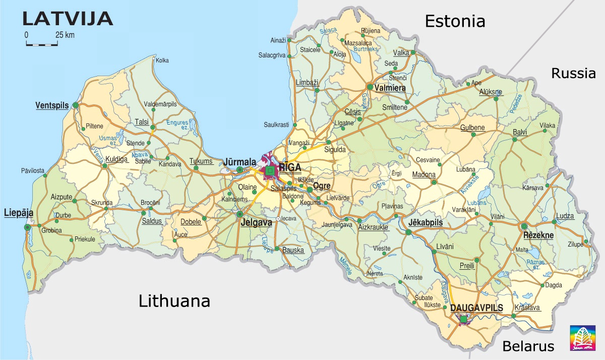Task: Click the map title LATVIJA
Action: (68, 19)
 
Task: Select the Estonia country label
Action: (455, 21)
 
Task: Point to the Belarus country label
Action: (528, 346)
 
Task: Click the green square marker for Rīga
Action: (270, 171)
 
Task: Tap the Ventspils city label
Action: (52, 105)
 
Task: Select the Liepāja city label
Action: (19, 213)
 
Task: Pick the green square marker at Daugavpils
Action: (463, 319)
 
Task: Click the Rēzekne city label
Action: (538, 235)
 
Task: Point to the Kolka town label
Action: (162, 61)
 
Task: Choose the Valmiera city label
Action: (390, 88)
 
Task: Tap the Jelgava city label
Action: (256, 222)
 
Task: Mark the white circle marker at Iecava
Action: (278, 219)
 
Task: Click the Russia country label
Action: (573, 74)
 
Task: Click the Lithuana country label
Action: (174, 301)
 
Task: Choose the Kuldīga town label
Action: (116, 159)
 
